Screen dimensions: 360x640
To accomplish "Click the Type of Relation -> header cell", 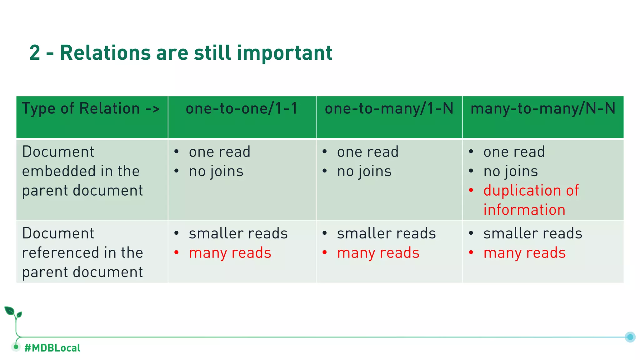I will (91, 109).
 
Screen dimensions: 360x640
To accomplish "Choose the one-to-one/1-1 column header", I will (242, 109).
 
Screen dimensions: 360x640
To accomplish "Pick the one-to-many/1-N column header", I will (389, 109).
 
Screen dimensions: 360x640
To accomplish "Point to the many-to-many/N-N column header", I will (543, 109).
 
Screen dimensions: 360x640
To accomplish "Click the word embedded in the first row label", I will (56, 171).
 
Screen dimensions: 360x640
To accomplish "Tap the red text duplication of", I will (531, 191).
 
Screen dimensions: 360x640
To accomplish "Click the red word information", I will (524, 210).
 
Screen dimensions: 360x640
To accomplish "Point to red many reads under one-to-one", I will (230, 253).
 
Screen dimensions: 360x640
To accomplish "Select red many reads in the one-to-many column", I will (378, 253).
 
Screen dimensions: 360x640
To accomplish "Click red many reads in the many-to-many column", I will (524, 253).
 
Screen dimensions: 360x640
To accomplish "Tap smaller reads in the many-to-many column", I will (532, 233).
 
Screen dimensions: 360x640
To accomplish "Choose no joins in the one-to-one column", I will (216, 172).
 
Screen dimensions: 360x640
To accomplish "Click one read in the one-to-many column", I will (367, 152).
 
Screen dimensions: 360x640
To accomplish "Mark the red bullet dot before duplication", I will (471, 190).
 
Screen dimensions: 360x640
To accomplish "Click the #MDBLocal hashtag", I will (52, 348).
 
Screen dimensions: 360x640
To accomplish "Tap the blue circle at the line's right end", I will (630, 337).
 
